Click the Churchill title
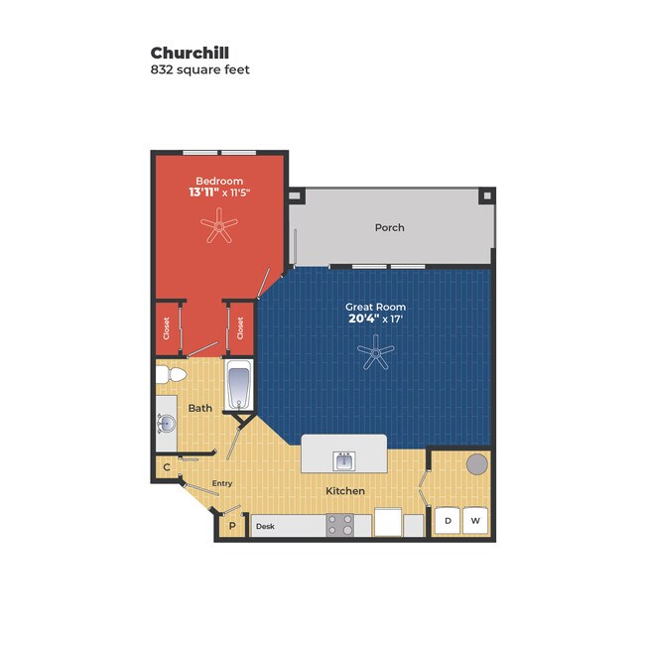(190, 53)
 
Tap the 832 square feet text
(199, 69)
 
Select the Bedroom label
(219, 181)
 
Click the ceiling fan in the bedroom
(219, 225)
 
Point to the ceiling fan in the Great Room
(375, 352)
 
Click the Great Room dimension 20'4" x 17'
(375, 319)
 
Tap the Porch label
(390, 227)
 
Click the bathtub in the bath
(239, 385)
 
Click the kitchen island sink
(344, 460)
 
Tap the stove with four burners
(340, 525)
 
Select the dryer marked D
(448, 521)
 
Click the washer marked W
(475, 521)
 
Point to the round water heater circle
(477, 463)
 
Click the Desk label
(265, 526)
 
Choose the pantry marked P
(232, 526)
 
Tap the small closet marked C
(167, 467)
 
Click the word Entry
(222, 483)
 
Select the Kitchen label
(345, 491)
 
